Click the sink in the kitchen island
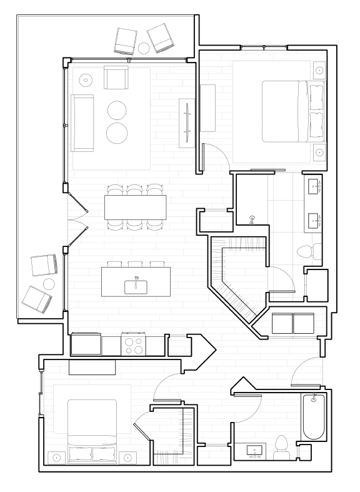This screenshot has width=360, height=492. [136, 286]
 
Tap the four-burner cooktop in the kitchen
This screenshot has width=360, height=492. [133, 345]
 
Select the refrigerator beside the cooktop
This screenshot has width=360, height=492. [86, 344]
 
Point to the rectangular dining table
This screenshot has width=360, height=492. [136, 207]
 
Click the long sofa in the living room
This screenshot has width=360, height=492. [82, 123]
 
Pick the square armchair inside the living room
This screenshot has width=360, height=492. [116, 78]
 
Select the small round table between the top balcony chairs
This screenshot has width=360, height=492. [143, 48]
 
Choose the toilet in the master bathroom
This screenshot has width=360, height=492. [307, 252]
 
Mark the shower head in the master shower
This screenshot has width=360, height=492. [251, 219]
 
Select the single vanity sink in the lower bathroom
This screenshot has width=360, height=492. [254, 450]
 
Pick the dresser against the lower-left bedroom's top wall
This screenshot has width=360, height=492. [92, 368]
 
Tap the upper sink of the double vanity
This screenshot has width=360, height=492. [313, 185]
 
